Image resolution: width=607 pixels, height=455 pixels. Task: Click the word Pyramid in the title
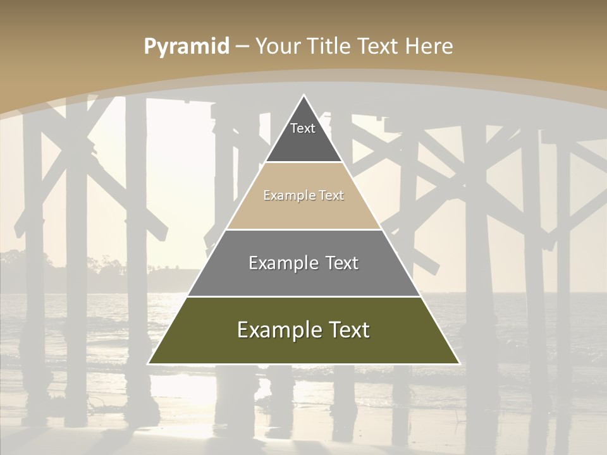pyautogui.click(x=187, y=47)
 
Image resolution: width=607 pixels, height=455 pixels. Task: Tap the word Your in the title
pyautogui.click(x=278, y=47)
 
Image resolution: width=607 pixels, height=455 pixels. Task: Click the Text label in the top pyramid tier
pyautogui.click(x=303, y=129)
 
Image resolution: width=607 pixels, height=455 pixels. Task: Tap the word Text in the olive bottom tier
pyautogui.click(x=348, y=330)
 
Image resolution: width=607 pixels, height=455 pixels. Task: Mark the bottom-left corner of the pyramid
pyautogui.click(x=149, y=364)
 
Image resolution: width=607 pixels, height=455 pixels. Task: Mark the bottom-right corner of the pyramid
pyautogui.click(x=459, y=364)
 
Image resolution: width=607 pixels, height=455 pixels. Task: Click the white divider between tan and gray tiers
pyautogui.click(x=303, y=229)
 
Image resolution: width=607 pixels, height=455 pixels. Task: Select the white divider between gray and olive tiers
pyautogui.click(x=303, y=296)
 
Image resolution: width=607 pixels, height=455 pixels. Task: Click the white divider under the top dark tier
pyautogui.click(x=303, y=162)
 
